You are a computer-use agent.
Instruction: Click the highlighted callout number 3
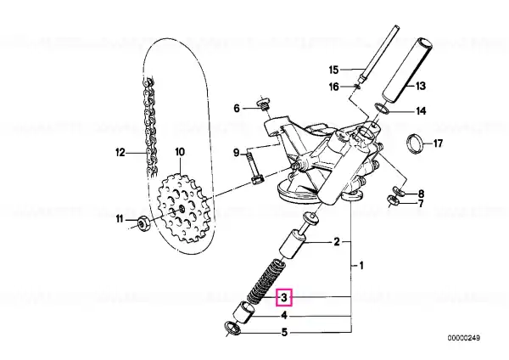tap(284, 297)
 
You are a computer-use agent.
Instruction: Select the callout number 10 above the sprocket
tap(180, 152)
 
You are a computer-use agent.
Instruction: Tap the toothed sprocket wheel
tap(182, 209)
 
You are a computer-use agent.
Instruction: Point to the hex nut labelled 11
tap(143, 223)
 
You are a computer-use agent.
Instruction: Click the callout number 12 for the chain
tap(120, 152)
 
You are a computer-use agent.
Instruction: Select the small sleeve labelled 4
tap(245, 312)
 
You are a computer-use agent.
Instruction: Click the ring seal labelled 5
tap(232, 329)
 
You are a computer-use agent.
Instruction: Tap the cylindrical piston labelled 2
tap(293, 244)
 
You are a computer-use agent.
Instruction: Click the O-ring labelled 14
tap(383, 109)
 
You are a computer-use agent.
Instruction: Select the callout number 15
tap(333, 70)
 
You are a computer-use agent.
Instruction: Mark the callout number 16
tap(333, 87)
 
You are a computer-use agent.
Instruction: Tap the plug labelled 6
tap(264, 104)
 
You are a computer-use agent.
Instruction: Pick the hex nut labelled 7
tap(394, 200)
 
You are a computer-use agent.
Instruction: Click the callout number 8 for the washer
tap(421, 194)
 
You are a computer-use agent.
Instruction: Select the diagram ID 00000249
tap(464, 338)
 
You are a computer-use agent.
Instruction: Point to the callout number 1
tap(361, 266)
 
